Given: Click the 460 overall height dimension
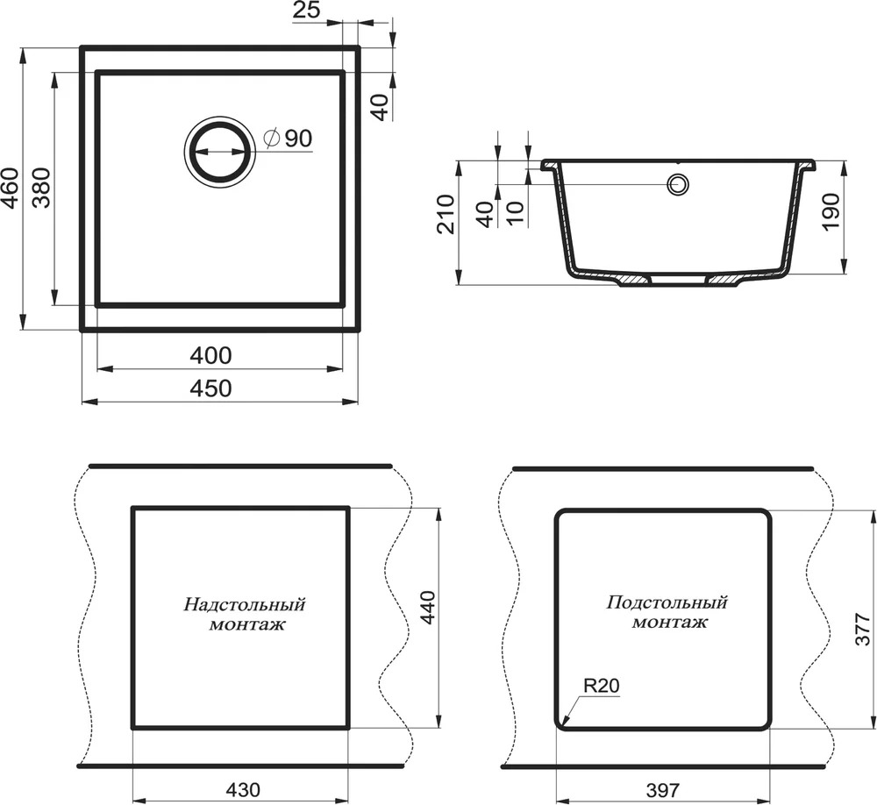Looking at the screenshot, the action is (12, 188).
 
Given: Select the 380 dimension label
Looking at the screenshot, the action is (41, 188).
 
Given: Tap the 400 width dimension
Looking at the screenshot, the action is (210, 356).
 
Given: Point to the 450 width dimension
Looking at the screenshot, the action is (210, 388).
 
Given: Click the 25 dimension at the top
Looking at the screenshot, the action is (306, 10).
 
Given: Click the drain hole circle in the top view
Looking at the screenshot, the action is (220, 151).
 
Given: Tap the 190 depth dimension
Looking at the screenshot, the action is (831, 211).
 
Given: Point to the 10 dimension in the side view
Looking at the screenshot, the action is (516, 212).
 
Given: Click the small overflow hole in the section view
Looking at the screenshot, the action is (678, 184).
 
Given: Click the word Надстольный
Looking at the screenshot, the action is (245, 605).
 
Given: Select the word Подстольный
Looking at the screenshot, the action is (667, 602).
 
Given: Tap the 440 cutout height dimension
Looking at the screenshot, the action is (427, 608).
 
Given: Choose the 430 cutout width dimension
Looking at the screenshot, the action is (243, 789).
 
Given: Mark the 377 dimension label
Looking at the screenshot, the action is (864, 629).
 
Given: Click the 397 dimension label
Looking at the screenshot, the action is (663, 790).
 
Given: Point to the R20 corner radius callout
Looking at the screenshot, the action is (602, 686).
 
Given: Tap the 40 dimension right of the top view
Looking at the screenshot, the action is (380, 107).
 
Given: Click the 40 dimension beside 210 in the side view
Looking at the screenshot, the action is (486, 214).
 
